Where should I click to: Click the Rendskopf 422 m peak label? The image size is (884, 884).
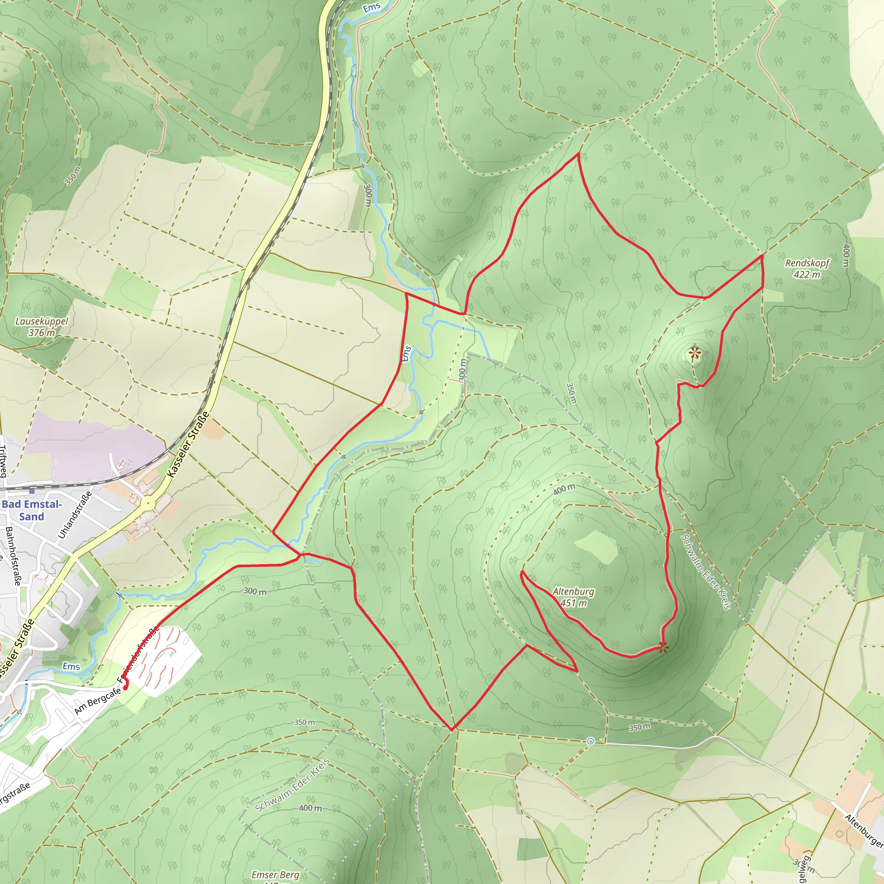[807, 268]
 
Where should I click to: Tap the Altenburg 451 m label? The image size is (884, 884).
[573, 597]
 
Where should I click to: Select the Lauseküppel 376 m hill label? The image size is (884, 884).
[41, 327]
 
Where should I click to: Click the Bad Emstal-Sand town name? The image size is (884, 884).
[32, 510]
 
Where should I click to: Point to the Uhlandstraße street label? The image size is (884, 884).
[75, 515]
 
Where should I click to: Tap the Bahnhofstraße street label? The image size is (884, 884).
[13, 556]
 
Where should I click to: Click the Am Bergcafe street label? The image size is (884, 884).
[98, 701]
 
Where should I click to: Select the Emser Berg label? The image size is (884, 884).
[275, 875]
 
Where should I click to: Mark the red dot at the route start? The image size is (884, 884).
[125, 687]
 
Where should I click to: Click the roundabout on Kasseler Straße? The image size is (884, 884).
[148, 503]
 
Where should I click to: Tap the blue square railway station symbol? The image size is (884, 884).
[32, 490]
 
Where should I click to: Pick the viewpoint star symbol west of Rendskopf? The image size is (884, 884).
[695, 353]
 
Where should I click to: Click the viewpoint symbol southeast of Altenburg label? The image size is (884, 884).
[663, 647]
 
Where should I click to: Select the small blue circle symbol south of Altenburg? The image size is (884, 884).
[590, 741]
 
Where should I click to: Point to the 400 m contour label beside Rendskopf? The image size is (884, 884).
[846, 256]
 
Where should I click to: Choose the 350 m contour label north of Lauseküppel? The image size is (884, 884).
[73, 176]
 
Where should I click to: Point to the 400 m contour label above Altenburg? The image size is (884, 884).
[564, 489]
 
